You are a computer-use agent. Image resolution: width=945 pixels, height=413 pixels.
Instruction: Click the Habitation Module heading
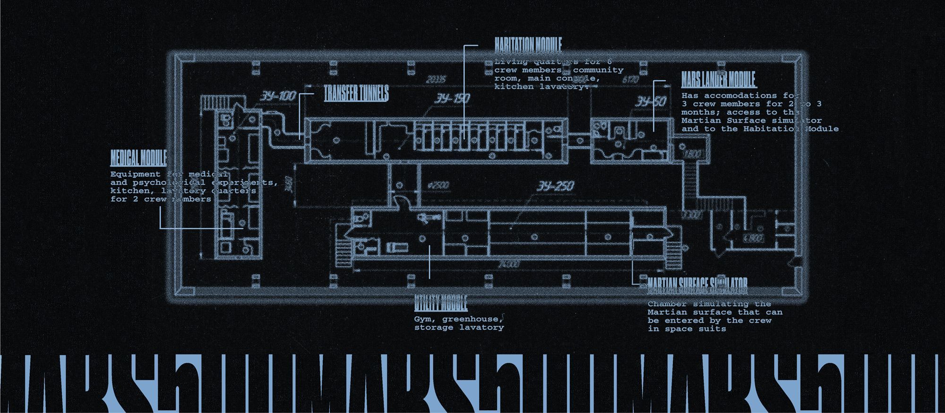[528, 44]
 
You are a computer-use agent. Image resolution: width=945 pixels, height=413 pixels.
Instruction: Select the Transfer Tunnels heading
[356, 93]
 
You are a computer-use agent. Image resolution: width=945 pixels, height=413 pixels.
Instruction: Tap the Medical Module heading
[138, 158]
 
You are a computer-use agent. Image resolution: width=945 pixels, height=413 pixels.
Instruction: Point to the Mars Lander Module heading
[718, 79]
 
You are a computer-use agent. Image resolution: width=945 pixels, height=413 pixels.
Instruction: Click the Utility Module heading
[440, 303]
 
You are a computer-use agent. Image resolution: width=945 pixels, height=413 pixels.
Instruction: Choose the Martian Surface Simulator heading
[697, 283]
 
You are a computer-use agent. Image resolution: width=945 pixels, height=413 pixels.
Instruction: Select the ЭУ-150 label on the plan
[452, 99]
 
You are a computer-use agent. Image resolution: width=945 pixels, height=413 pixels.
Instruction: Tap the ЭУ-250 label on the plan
[555, 186]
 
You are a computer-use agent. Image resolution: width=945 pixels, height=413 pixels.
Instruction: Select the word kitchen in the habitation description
[514, 87]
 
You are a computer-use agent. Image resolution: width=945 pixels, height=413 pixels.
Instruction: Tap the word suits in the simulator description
[712, 329]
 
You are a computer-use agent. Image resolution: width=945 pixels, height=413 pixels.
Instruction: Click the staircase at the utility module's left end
[344, 253]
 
